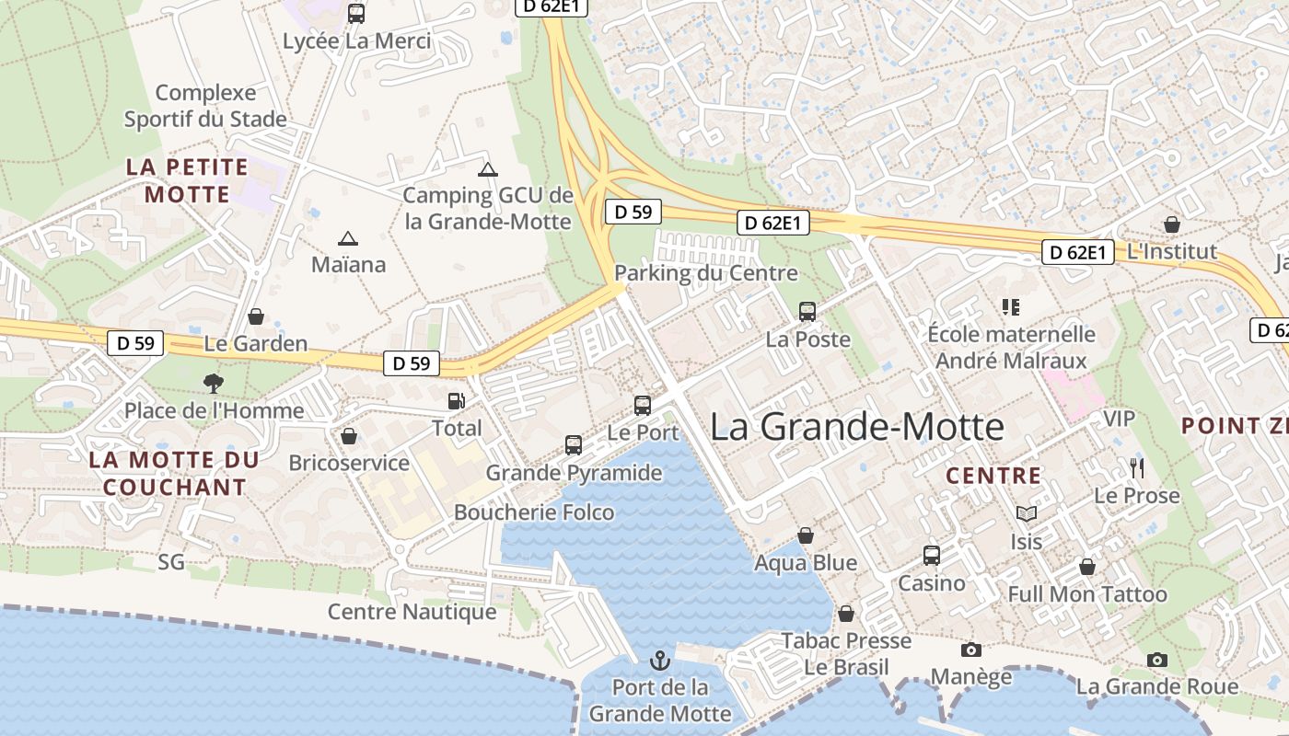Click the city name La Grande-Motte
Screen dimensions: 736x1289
tap(857, 427)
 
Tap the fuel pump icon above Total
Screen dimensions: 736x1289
tap(456, 401)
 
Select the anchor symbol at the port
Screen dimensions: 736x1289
tap(659, 660)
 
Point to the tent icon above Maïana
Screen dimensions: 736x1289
tap(347, 239)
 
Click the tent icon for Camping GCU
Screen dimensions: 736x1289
tap(487, 169)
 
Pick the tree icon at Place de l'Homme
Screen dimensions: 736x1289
tap(214, 383)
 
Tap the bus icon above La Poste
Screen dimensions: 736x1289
tap(807, 312)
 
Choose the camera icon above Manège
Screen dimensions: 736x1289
tap(970, 650)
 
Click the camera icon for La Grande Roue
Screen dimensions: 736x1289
tap(1157, 660)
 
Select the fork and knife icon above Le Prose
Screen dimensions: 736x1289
tap(1137, 468)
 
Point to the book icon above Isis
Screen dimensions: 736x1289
tap(1027, 513)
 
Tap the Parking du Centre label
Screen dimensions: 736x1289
tap(705, 273)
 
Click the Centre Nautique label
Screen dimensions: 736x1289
tap(412, 612)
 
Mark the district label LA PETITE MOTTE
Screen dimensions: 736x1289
tap(187, 180)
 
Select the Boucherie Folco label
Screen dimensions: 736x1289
tap(534, 512)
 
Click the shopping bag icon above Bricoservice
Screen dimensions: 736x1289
tap(349, 436)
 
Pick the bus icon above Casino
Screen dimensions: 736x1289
tap(932, 556)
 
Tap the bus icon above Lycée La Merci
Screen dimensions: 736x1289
tap(356, 14)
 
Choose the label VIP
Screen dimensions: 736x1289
tap(1119, 419)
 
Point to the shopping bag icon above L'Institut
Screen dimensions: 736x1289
tap(1171, 224)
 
